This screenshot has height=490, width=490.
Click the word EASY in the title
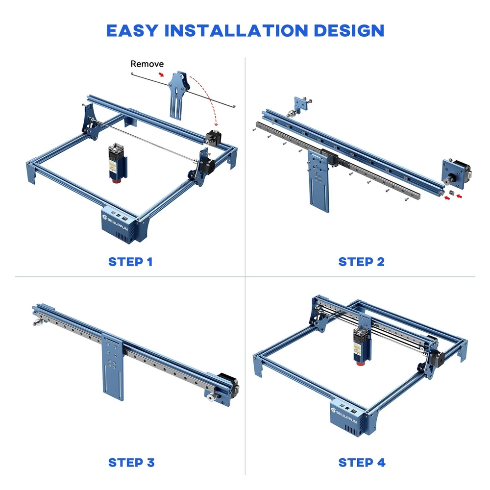click(x=132, y=30)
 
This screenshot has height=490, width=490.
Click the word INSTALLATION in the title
click(x=236, y=30)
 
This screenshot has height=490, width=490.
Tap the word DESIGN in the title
click(x=349, y=30)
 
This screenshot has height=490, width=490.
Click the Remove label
click(x=147, y=64)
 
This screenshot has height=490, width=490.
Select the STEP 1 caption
click(x=130, y=262)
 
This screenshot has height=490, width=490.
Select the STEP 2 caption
click(x=361, y=262)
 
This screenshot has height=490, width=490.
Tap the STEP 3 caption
click(x=131, y=463)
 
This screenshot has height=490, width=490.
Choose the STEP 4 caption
click(x=362, y=463)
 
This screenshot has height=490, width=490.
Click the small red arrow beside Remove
click(x=161, y=74)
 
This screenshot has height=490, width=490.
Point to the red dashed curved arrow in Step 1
click(x=210, y=97)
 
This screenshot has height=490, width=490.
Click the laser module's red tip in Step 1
click(x=117, y=180)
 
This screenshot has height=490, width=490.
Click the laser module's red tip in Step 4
click(x=362, y=363)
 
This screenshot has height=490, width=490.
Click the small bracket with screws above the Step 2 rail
click(x=301, y=103)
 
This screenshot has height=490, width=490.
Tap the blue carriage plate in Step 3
click(x=112, y=367)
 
